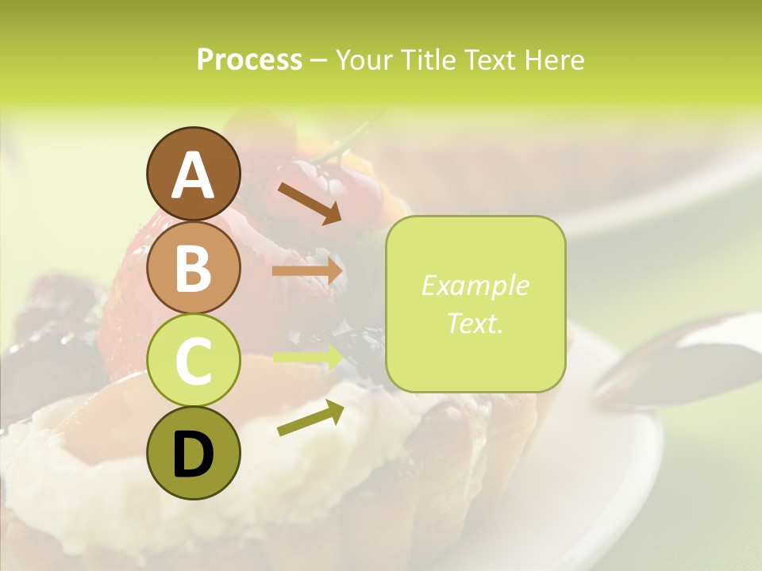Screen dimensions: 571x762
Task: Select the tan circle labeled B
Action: point(193,267)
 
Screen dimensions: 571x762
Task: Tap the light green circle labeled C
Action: point(193,360)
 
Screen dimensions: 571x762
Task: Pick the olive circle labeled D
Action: point(193,453)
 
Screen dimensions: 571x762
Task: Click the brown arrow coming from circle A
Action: point(309,201)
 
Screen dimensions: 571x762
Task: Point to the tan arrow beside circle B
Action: point(307,271)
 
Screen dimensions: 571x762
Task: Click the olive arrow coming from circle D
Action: point(310,418)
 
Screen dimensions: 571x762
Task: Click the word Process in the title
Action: point(249,59)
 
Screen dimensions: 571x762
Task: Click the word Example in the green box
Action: point(475,285)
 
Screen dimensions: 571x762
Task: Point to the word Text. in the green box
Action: point(475,323)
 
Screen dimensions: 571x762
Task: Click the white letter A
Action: point(193,175)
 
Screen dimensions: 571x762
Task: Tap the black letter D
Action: point(193,454)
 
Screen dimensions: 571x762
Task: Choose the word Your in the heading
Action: point(364,59)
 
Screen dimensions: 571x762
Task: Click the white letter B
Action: point(193,268)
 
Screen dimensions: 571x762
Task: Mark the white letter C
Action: point(193,361)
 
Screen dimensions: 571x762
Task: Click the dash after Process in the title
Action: point(319,60)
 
